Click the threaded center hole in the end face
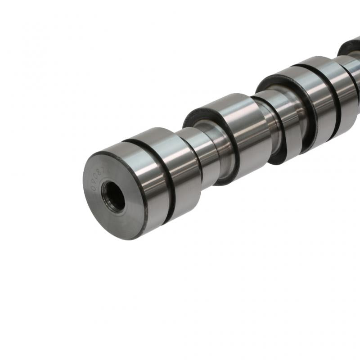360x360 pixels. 113,196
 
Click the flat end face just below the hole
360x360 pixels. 118,223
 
